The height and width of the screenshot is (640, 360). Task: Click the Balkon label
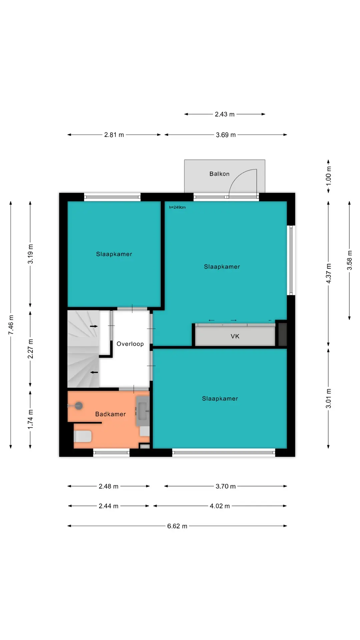coord(219,174)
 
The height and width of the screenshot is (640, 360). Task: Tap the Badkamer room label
coord(111,414)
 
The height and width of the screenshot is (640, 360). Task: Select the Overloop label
coord(130,344)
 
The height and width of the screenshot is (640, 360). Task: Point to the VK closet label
coord(235,336)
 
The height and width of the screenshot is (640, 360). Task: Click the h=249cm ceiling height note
coord(177,207)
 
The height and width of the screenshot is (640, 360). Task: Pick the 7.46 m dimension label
coord(11,325)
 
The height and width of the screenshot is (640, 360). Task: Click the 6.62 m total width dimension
coord(177,526)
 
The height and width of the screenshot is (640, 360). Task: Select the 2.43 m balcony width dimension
coord(225,114)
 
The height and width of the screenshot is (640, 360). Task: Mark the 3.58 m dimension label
coord(349,260)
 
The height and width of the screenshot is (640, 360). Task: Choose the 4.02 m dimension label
coord(220,506)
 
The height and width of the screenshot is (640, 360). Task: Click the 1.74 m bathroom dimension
coord(30,419)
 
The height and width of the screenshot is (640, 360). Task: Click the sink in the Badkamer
coord(143,411)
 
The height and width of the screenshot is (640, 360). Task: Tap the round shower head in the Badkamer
coord(79,406)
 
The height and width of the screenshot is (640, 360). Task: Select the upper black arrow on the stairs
coord(94,326)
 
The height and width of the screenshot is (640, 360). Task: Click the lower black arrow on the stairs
coord(94,372)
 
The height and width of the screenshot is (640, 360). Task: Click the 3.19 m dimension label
coord(30,254)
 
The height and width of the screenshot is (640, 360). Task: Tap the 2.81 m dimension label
coord(114,135)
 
